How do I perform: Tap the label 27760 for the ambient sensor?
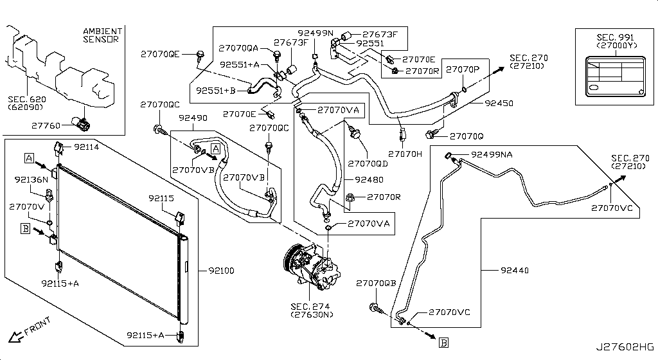click(x=44, y=127)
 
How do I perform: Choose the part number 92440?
click(x=513, y=271)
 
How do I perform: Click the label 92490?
click(x=193, y=118)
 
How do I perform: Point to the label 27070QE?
click(x=160, y=55)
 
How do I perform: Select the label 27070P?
click(x=463, y=69)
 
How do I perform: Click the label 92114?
click(x=86, y=147)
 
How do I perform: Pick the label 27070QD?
click(x=366, y=163)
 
